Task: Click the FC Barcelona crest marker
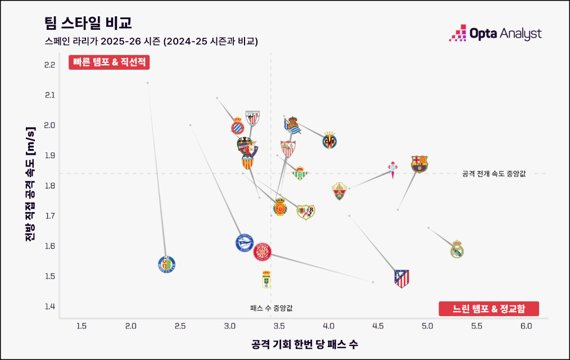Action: (x=419, y=164)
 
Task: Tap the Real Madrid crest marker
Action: (x=458, y=249)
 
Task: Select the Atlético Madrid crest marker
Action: (x=401, y=278)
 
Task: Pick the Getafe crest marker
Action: (x=166, y=264)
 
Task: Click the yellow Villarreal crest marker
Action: (x=330, y=139)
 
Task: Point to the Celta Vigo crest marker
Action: (x=393, y=168)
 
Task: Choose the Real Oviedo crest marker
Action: (x=266, y=280)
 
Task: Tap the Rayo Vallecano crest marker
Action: (x=306, y=212)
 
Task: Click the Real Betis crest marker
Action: (x=300, y=174)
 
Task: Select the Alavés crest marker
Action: (x=245, y=243)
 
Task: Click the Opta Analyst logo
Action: (x=495, y=34)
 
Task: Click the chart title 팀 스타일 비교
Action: (x=88, y=23)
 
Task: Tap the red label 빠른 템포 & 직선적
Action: (x=109, y=62)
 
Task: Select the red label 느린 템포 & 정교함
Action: (x=488, y=309)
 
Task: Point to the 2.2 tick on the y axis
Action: (x=49, y=65)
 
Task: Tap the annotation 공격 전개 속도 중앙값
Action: (x=494, y=174)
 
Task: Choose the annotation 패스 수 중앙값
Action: (x=272, y=308)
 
